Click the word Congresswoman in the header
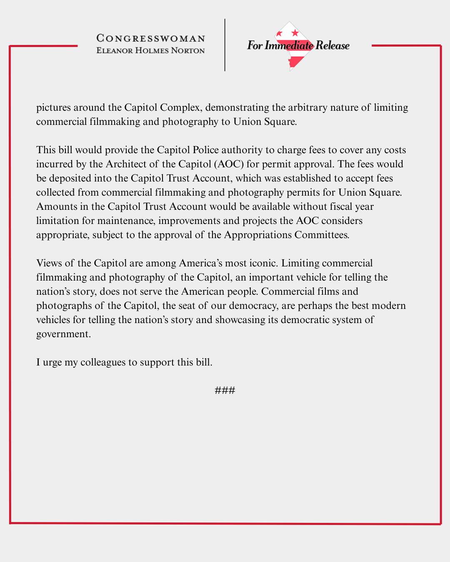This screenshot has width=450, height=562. pos(150,38)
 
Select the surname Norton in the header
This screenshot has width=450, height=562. pos(188,51)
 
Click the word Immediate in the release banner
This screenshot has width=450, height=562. pos(289,45)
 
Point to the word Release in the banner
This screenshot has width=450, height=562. pos(332,45)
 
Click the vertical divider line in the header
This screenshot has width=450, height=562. pos(225,45)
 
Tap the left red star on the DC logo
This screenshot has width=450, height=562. pos(280,34)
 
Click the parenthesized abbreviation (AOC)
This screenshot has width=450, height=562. pos(229,164)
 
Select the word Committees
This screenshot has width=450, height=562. pos(322,235)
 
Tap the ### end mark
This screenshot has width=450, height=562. pos(225,390)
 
